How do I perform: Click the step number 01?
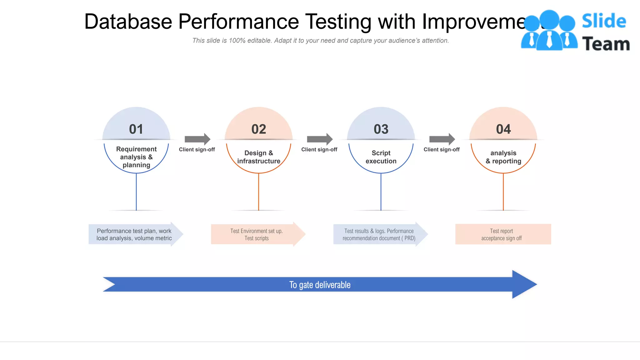pos(136,129)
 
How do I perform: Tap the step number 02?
pos(259,129)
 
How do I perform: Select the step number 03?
pos(381,129)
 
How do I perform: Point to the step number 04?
pos(503,129)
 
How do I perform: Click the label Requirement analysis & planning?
pos(136,157)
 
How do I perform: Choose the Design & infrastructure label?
pos(259,157)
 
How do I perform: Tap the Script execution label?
pos(381,157)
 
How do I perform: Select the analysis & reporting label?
pos(503,157)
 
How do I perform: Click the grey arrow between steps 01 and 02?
pos(197,139)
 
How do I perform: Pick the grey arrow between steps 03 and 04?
pos(442,139)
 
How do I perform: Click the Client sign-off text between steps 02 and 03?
pos(319,149)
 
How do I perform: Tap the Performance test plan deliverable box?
pos(134,234)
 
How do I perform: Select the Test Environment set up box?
pos(257,234)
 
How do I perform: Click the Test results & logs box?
pos(379,234)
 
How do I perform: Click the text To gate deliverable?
pos(320,285)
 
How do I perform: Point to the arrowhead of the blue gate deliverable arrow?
pos(525,284)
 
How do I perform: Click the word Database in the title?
pos(128,22)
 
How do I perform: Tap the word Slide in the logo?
pos(603,21)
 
